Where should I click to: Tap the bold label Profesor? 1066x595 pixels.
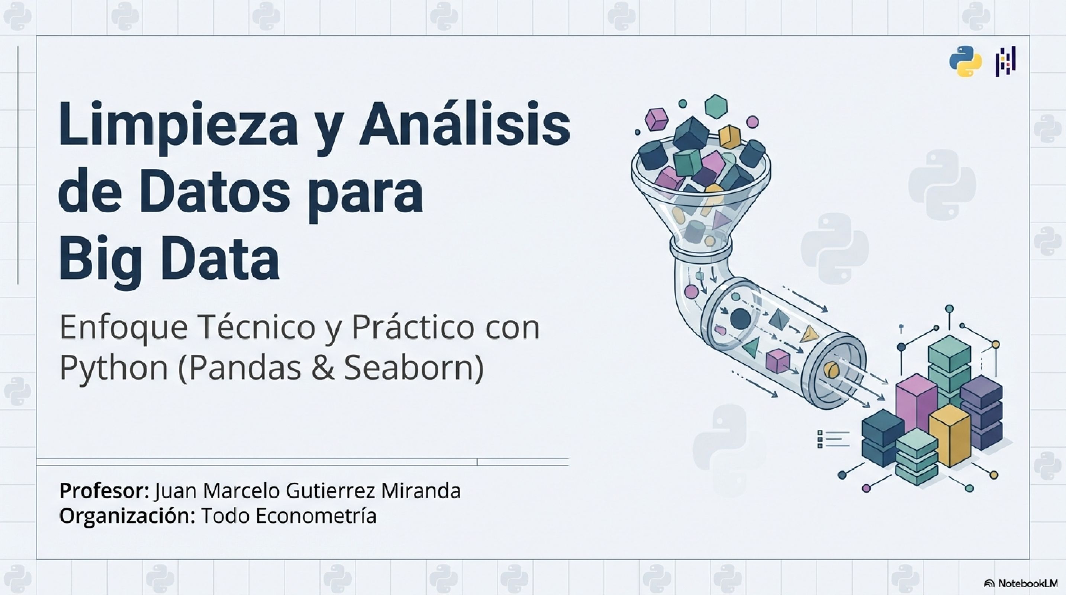[103, 491]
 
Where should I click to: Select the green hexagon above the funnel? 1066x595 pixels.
[715, 106]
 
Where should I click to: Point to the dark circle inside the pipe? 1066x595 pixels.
[740, 319]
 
